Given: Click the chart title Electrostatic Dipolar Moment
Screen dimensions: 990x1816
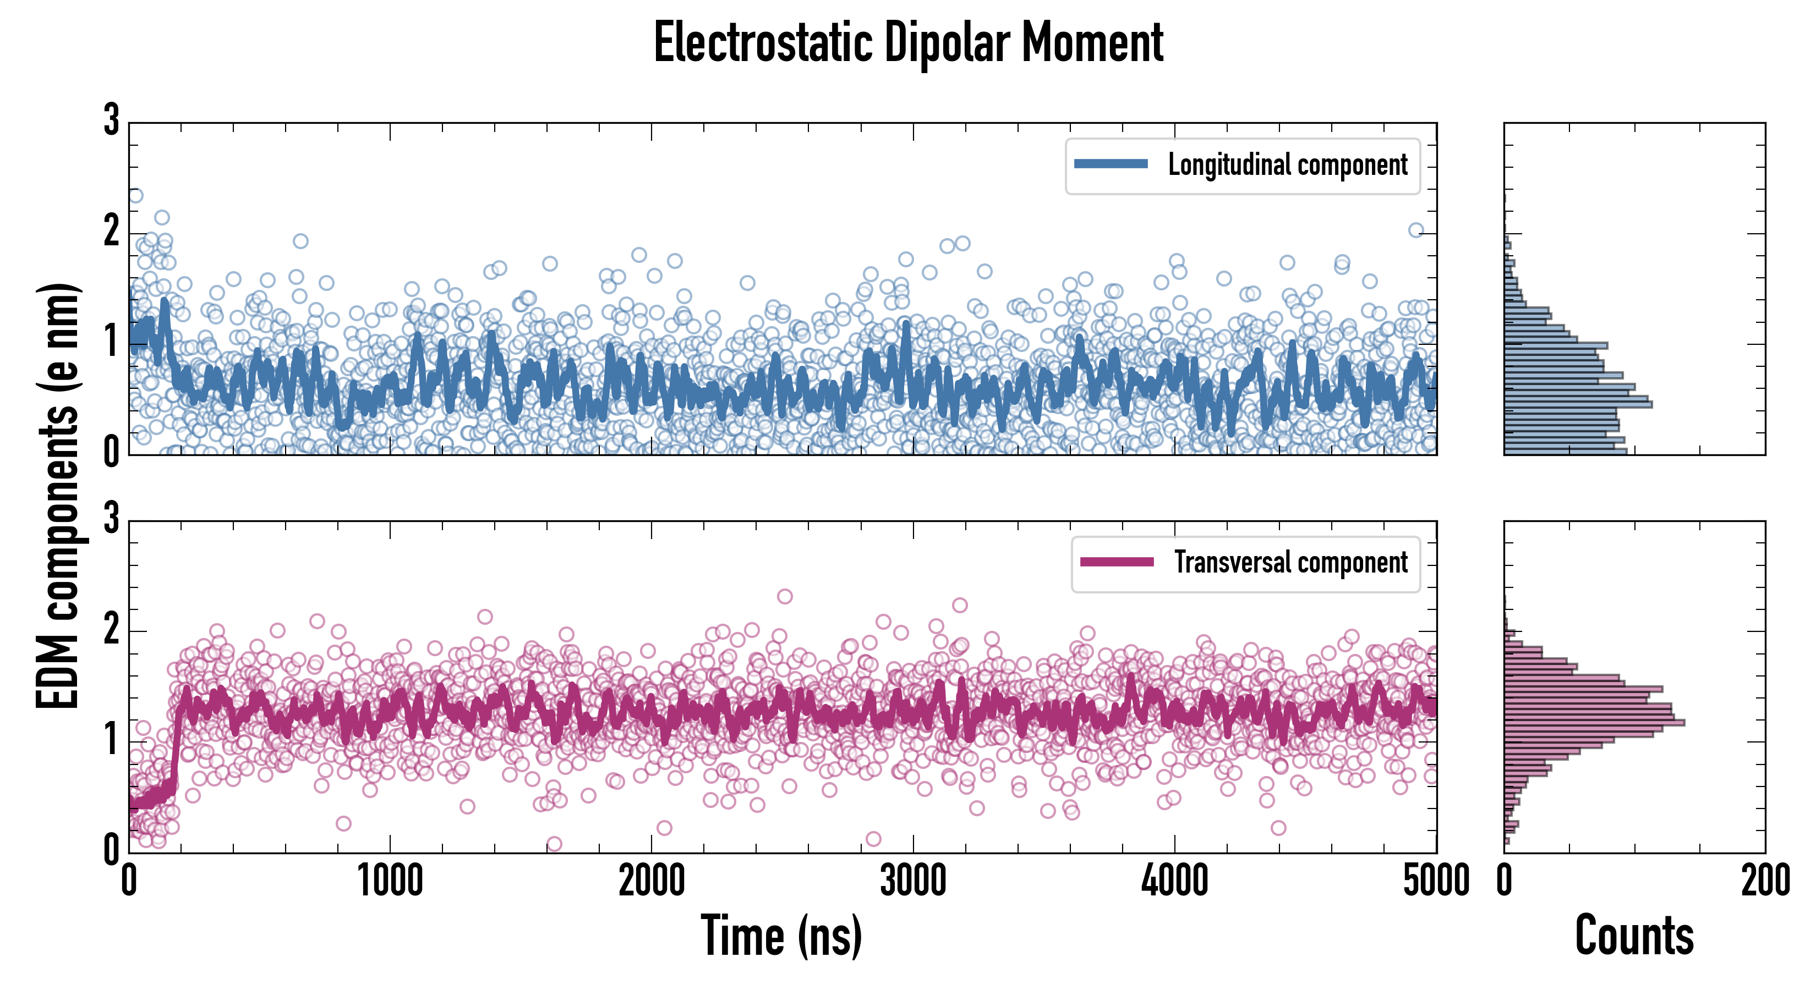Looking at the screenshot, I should coord(908,43).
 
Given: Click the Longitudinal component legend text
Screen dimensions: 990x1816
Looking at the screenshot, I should coord(1287,165).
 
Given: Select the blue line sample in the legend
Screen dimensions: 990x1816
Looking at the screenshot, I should coord(1111,164).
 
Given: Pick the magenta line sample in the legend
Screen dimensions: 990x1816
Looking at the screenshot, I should coord(1117,562).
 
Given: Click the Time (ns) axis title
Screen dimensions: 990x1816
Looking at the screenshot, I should coord(781,936).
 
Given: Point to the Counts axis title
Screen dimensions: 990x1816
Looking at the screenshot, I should coord(1634,936).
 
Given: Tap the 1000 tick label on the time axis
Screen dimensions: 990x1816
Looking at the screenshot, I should coord(390,881).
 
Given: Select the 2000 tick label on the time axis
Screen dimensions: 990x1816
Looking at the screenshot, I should coord(652,881).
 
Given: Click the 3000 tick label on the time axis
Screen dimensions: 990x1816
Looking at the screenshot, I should coord(913,881).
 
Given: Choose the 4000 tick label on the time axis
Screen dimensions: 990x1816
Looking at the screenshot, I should coord(1174,881).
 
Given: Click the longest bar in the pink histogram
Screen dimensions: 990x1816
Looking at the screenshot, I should coord(1593,722).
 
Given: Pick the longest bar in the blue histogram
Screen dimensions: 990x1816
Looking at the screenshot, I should coord(1578,404).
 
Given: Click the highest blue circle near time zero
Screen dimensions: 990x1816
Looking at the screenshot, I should coord(135,195).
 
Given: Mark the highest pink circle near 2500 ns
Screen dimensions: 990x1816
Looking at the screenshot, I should coord(784,596).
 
